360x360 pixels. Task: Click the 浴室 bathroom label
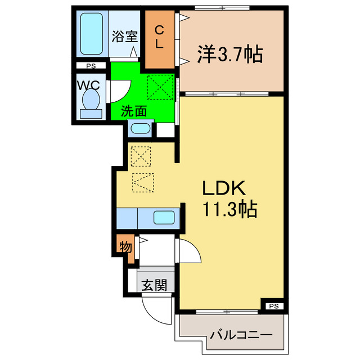124,37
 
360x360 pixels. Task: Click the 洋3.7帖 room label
229,55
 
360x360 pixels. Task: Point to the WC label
89,86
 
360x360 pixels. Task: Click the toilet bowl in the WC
91,102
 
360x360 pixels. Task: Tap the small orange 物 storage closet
125,246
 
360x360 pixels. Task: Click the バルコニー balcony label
241,335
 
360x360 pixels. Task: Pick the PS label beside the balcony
273,307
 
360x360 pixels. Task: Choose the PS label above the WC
91,66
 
